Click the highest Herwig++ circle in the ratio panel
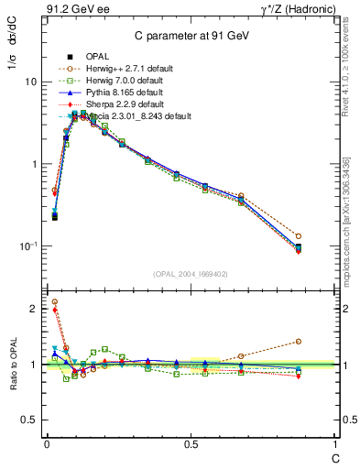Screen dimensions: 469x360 point(55,301)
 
